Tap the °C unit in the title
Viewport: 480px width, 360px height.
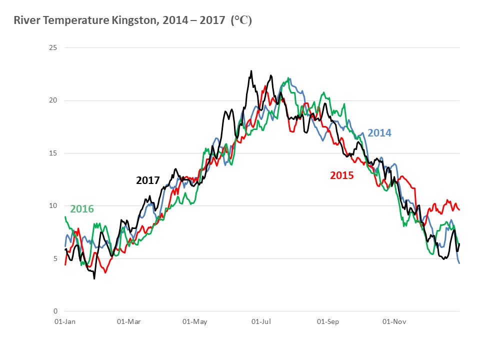pyautogui.click(x=242, y=21)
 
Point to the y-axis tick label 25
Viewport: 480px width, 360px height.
pyautogui.click(x=53, y=48)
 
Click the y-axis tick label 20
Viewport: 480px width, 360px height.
pyautogui.click(x=53, y=100)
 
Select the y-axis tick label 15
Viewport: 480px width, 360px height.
pyautogui.click(x=53, y=153)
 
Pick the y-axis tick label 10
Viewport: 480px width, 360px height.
pyautogui.click(x=53, y=206)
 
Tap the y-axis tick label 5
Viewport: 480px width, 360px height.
pyautogui.click(x=55, y=258)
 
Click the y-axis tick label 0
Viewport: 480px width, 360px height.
pyautogui.click(x=55, y=311)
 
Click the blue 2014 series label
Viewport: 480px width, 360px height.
pyautogui.click(x=379, y=133)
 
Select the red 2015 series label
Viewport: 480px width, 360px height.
pyautogui.click(x=341, y=175)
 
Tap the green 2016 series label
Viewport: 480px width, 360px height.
pyautogui.click(x=82, y=209)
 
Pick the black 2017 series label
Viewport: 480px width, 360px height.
pyautogui.click(x=147, y=180)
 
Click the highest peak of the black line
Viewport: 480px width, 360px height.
pyautogui.click(x=251, y=71)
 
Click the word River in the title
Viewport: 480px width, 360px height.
pyautogui.click(x=26, y=21)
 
